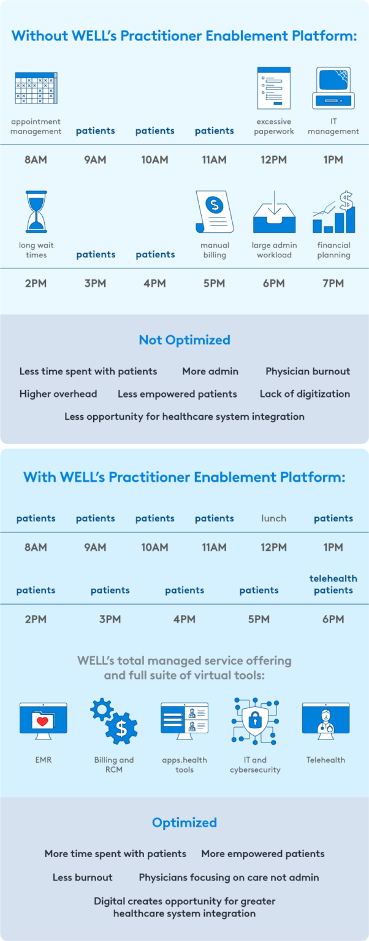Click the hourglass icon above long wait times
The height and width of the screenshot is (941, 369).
pos(36,211)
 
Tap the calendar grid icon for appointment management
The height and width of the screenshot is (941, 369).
pos(36,88)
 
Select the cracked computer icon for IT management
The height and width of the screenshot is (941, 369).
pos(333,88)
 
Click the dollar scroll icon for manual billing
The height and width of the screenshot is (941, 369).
pos(215,211)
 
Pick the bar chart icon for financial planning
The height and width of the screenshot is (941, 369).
pos(333,212)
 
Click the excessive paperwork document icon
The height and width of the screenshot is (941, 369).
pos(274,88)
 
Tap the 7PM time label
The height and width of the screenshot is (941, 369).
pos(333,283)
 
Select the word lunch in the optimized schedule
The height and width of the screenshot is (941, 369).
pos(273,518)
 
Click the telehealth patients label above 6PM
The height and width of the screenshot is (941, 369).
pos(333,584)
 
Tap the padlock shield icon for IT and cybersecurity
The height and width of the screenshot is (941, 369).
pos(255,720)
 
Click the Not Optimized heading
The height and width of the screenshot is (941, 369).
pos(184,340)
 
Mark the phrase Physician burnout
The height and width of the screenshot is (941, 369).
pos(308,371)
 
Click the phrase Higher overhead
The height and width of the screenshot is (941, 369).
pos(58,394)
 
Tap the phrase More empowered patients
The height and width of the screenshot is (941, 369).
pos(263,853)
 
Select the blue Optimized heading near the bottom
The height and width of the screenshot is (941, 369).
pos(184,822)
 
